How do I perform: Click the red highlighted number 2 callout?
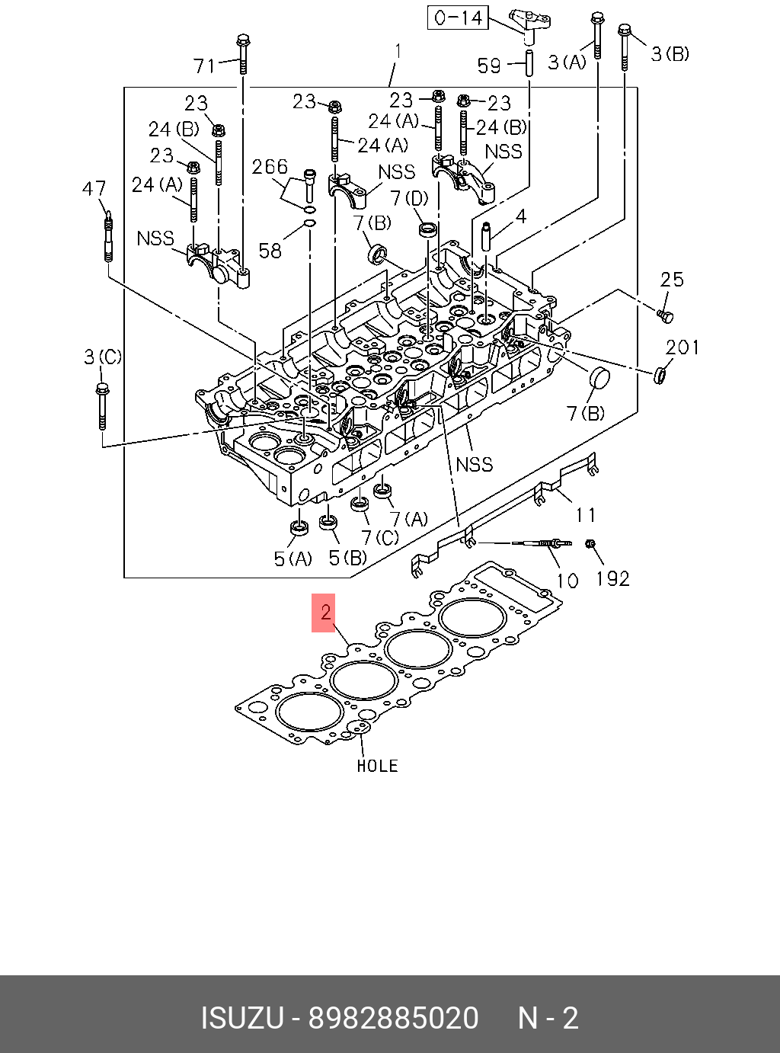(324, 613)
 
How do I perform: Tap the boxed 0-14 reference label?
(459, 18)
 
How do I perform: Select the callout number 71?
(204, 66)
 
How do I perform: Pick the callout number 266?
(270, 167)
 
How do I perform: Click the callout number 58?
(270, 250)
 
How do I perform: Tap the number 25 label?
(672, 280)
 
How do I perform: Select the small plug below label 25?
(664, 313)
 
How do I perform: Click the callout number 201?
(682, 347)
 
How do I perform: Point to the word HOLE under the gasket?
(377, 766)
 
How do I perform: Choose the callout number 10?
(567, 581)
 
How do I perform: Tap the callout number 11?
(585, 515)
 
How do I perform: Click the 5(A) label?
(292, 559)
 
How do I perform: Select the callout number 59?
(489, 66)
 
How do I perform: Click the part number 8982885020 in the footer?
(392, 1018)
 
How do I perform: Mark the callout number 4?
(521, 217)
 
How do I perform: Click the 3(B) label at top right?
(670, 53)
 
